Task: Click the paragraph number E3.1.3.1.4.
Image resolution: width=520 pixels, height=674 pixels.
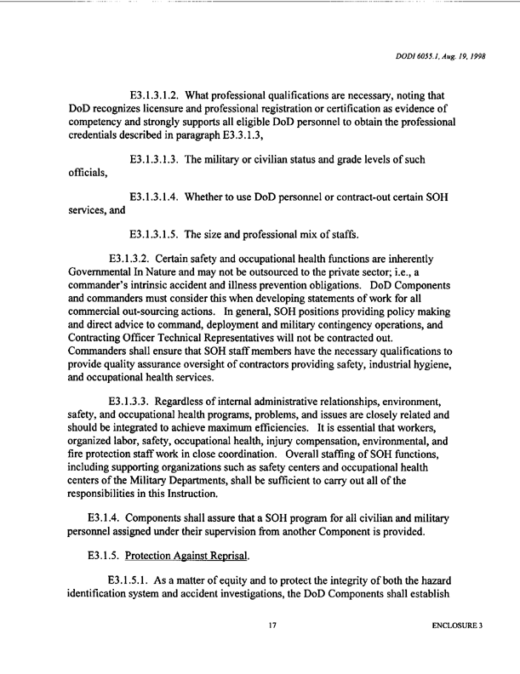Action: tap(161, 198)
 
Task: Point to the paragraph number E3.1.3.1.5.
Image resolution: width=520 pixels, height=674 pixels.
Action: tap(161, 233)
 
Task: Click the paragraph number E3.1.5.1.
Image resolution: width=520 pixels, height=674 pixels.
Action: tap(135, 580)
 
